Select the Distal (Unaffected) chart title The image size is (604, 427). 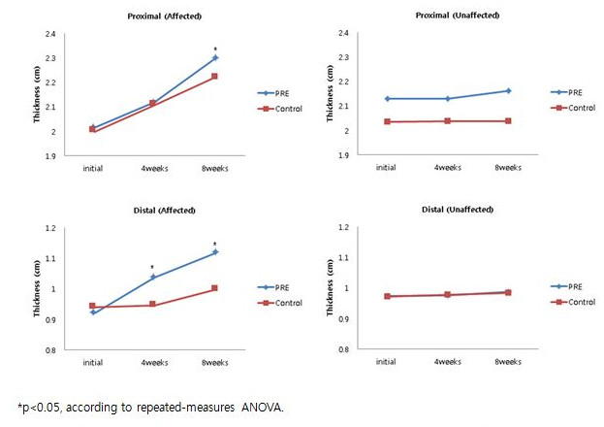coord(458,210)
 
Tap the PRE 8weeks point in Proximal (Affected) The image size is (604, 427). coord(215,58)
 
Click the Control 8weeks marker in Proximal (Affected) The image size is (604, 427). coord(215,76)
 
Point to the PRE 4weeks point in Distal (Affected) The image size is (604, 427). coord(153,278)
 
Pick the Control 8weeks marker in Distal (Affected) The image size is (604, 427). coord(215,288)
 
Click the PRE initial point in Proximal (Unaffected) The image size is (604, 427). coord(388,99)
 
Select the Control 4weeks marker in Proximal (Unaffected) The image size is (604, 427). coord(447,121)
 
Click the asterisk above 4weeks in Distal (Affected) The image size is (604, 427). coord(153,267)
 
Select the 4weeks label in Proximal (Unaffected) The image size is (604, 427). coord(447,167)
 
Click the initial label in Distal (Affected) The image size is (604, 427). coord(92,361)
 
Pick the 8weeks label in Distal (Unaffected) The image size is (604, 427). coord(508,361)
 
